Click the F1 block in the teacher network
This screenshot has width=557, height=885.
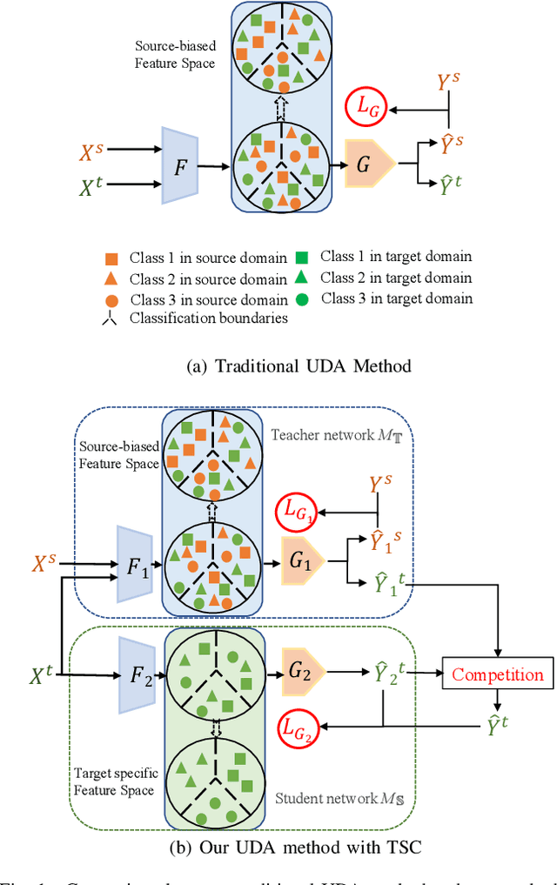pyautogui.click(x=136, y=567)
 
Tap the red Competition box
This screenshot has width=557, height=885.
pyautogui.click(x=497, y=674)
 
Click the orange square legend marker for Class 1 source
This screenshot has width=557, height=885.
pyautogui.click(x=111, y=258)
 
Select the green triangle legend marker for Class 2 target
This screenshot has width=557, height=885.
pyautogui.click(x=300, y=278)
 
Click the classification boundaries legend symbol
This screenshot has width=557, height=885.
pyautogui.click(x=111, y=318)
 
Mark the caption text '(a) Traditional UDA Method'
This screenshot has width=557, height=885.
pyautogui.click(x=299, y=366)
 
